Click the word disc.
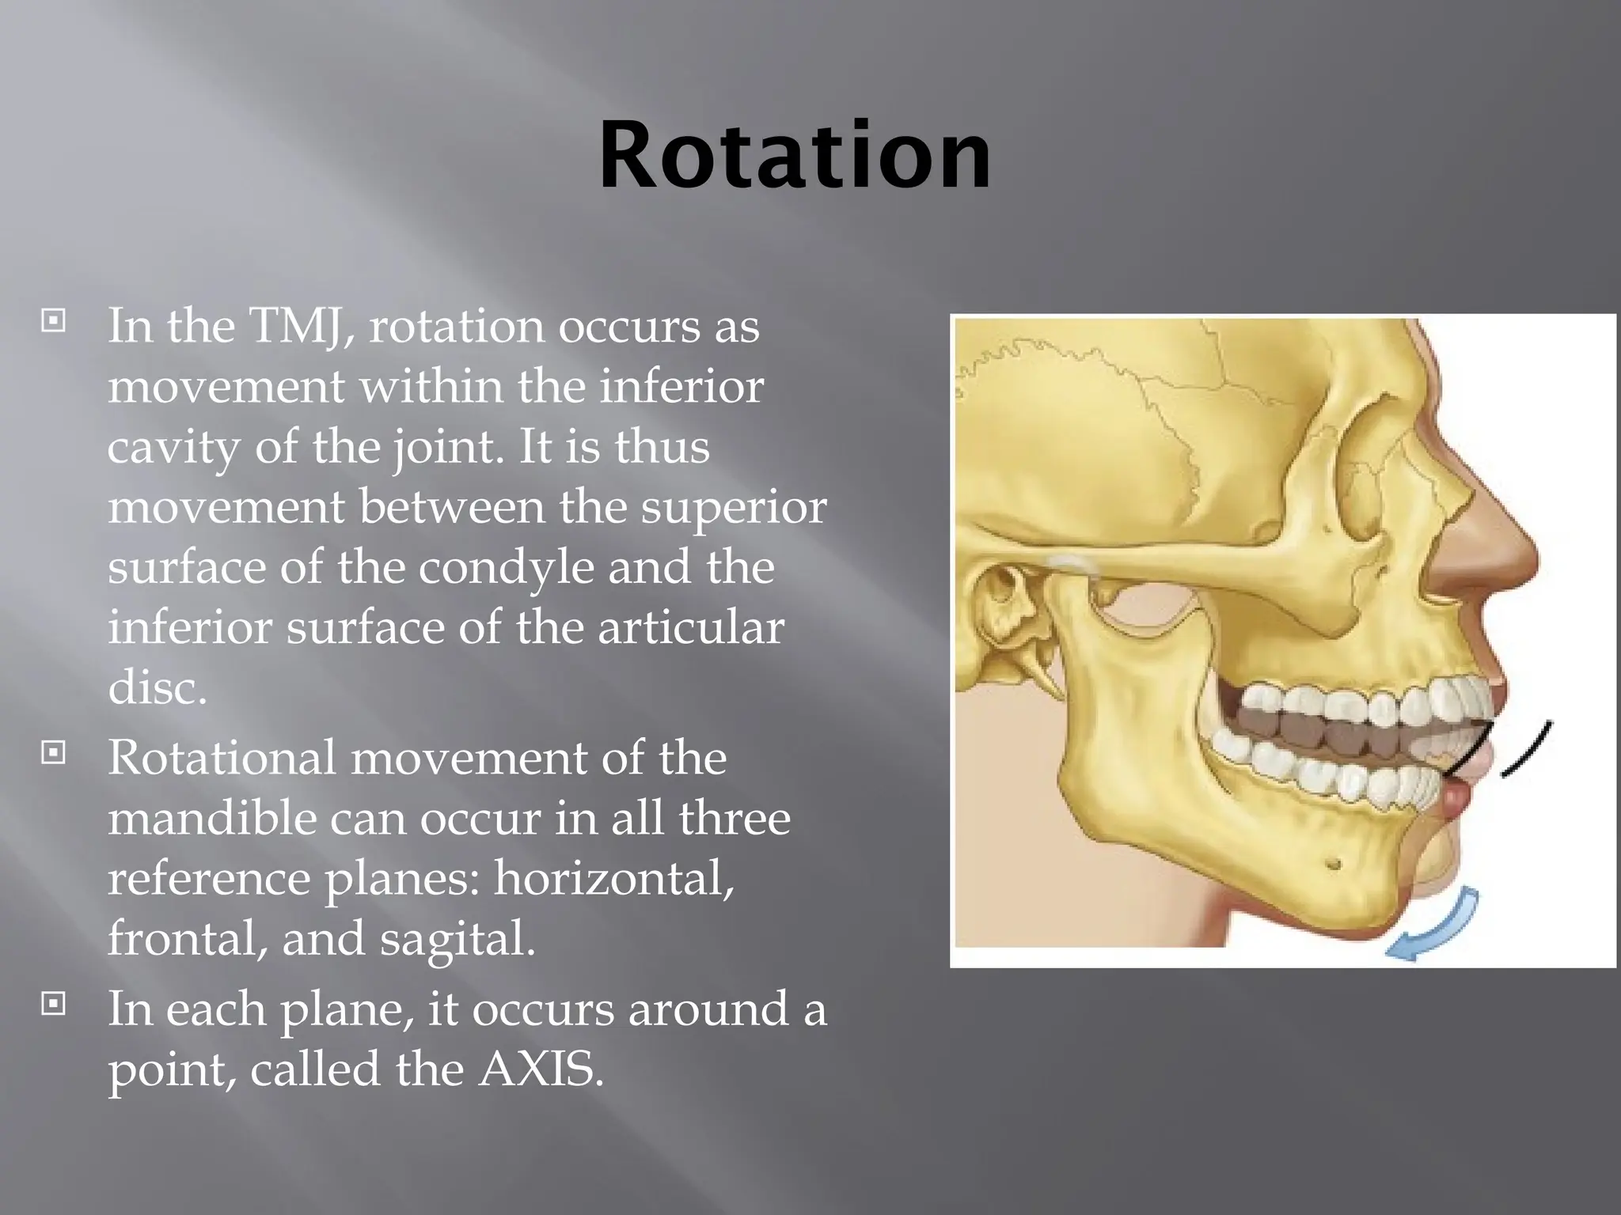click(x=157, y=687)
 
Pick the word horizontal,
click(x=613, y=878)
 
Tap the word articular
click(x=690, y=627)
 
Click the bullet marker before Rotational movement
click(x=53, y=751)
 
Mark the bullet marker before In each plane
click(x=53, y=1004)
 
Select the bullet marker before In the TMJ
click(x=53, y=320)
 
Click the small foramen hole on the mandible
click(x=1333, y=863)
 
